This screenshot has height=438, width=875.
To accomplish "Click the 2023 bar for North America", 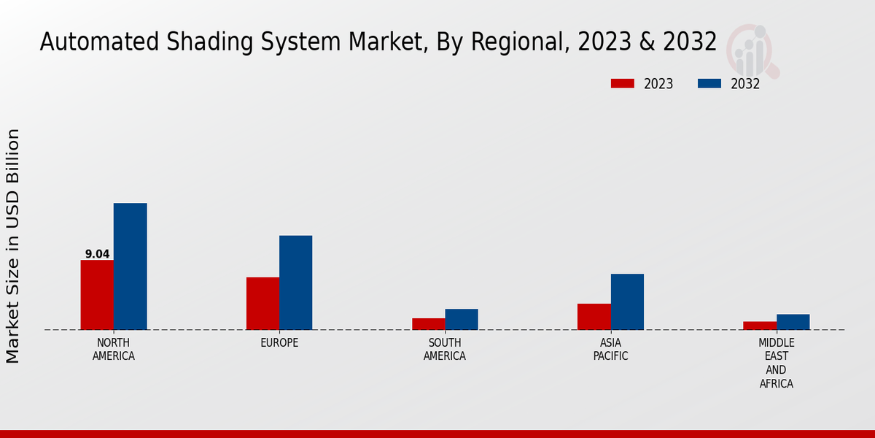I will coord(97,295).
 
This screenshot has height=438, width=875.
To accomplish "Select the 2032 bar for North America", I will coord(130,266).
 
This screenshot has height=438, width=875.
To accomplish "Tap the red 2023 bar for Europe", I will coord(262,304).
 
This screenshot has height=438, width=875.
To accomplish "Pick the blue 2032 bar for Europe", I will coord(295,283).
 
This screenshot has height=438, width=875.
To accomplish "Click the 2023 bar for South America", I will coord(428,324).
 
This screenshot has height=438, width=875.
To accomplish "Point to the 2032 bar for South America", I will coord(462,319).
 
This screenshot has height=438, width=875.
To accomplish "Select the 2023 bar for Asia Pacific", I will coord(594,317).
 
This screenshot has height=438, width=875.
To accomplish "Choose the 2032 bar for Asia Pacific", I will coord(627,301).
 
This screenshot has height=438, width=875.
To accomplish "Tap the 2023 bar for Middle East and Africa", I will coord(759,326).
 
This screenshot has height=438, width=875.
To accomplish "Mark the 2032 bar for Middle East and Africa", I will coord(793,322).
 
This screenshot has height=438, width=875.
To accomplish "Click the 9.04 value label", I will coord(97,254).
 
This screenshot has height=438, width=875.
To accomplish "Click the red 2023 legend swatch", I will coord(622,83).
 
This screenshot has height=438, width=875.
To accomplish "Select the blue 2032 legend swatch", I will coord(709,83).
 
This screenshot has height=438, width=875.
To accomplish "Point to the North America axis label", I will coord(114,350).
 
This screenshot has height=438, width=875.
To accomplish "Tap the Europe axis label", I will coord(279,343).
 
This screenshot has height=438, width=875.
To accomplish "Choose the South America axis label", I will coord(445,350).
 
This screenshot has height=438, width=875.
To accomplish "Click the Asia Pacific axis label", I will coord(610,350).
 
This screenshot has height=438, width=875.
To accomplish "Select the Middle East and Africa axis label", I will coord(776,363).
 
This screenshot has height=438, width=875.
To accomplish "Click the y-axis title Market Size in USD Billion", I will coord(13,246).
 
